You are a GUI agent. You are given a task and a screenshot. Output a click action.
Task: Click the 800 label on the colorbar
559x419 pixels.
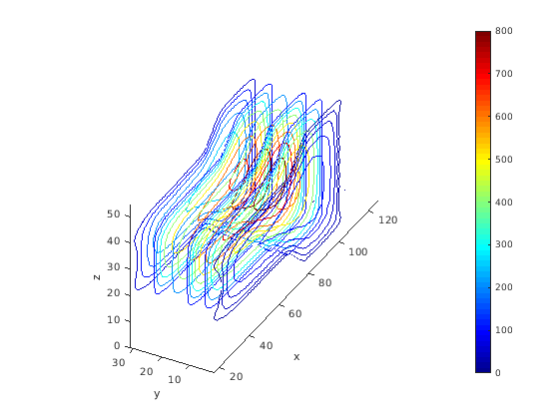[504, 31]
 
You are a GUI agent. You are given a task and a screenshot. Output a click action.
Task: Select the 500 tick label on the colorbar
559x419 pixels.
[504, 160]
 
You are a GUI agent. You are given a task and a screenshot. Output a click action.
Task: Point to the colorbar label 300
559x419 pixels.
[504, 244]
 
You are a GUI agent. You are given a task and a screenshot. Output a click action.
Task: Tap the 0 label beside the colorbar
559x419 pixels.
[498, 373]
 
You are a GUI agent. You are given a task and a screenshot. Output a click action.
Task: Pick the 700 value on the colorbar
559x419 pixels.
[504, 74]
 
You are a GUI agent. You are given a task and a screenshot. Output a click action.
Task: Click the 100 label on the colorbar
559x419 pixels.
[504, 330]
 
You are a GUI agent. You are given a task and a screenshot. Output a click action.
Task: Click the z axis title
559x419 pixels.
[96, 277]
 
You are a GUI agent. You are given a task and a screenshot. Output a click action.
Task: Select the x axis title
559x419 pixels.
[296, 357]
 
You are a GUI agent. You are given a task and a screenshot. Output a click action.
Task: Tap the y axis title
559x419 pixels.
[157, 394]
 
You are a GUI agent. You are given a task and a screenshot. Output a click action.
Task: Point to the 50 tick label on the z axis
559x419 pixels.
[114, 214]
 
